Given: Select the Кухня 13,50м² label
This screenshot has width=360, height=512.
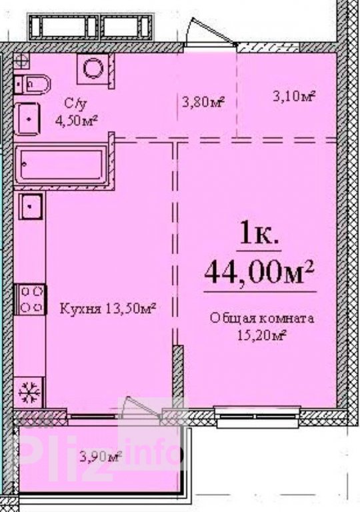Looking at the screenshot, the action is [107, 308].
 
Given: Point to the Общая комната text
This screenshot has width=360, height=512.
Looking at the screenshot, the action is [262, 318].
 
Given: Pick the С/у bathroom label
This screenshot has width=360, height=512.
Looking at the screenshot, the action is [76, 104].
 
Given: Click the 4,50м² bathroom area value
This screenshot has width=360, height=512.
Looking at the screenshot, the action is [77, 121].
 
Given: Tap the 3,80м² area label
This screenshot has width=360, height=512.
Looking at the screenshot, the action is [204, 102].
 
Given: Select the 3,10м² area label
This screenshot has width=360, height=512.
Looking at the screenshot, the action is [294, 96].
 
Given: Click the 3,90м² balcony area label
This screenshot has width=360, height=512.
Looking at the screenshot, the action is [101, 456].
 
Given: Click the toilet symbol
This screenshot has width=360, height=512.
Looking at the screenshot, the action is [32, 84].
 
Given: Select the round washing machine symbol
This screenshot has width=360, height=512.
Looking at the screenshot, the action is [93, 69].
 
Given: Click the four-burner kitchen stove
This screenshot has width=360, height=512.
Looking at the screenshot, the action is [31, 299].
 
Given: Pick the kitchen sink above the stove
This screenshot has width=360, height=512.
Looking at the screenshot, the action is [31, 207].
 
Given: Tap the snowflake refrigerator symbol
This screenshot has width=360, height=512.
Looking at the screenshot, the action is [29, 392].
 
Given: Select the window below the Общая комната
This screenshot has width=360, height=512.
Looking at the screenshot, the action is [257, 416].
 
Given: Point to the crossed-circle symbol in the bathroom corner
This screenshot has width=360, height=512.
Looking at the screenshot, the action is [21, 61].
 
